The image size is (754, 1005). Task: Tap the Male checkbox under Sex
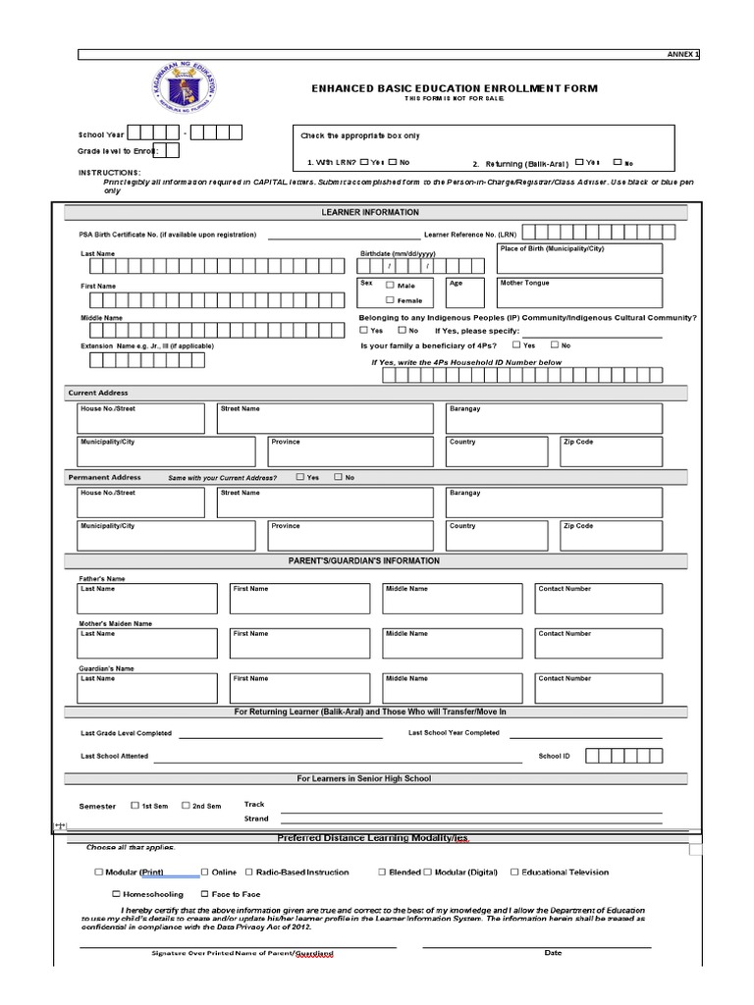point(390,285)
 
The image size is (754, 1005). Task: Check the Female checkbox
point(390,300)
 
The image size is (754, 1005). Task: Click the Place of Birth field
point(578,259)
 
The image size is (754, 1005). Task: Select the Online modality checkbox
point(205,872)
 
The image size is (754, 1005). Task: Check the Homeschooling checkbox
point(116,894)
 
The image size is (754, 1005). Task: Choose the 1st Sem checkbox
point(135,806)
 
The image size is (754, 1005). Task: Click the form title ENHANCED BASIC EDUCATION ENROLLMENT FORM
point(454,89)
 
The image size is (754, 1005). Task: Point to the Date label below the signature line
point(553,953)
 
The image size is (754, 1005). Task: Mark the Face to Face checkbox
point(203,894)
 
